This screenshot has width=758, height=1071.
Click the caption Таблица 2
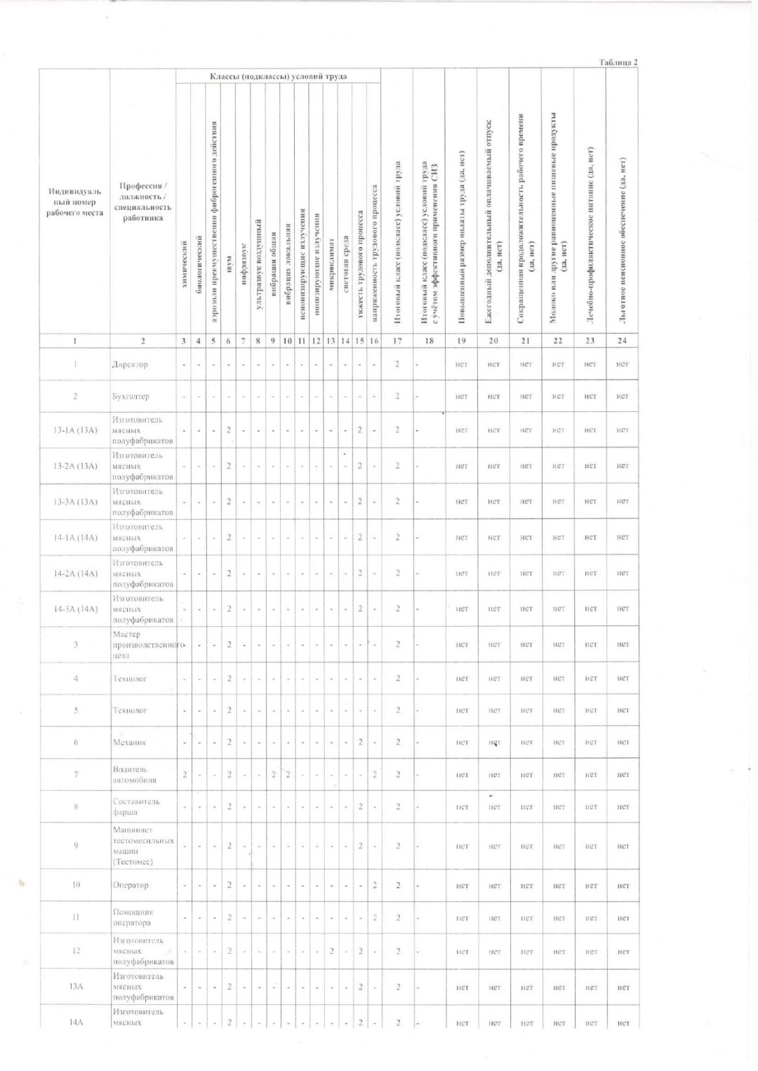coord(618,62)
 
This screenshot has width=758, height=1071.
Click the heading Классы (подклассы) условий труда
coord(278,76)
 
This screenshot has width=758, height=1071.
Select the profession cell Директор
coord(131,365)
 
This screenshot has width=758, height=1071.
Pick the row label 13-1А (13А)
coord(76,430)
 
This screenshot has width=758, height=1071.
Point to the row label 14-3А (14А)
coord(76,609)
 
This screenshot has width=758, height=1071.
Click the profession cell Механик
coord(130,743)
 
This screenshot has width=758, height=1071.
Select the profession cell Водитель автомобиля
coord(134,775)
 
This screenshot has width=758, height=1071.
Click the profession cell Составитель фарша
coord(136,807)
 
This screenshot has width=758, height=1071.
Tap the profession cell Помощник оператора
coord(133,918)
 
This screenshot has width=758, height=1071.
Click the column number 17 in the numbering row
coord(397,341)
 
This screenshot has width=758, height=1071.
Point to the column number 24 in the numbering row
coord(622,341)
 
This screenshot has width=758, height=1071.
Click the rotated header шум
coord(229,262)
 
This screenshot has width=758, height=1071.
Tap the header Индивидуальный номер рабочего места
coord(74,202)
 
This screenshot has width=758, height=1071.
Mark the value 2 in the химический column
coord(185,775)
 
